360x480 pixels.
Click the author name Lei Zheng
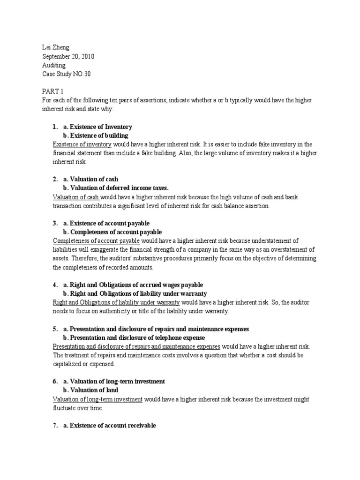tap(53, 47)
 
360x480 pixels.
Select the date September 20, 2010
tap(68, 56)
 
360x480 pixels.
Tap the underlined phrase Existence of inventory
tap(82, 144)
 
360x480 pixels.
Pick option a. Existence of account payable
tap(106, 223)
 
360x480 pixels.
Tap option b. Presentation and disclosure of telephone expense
tap(134, 337)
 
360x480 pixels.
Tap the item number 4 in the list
tap(55, 285)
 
